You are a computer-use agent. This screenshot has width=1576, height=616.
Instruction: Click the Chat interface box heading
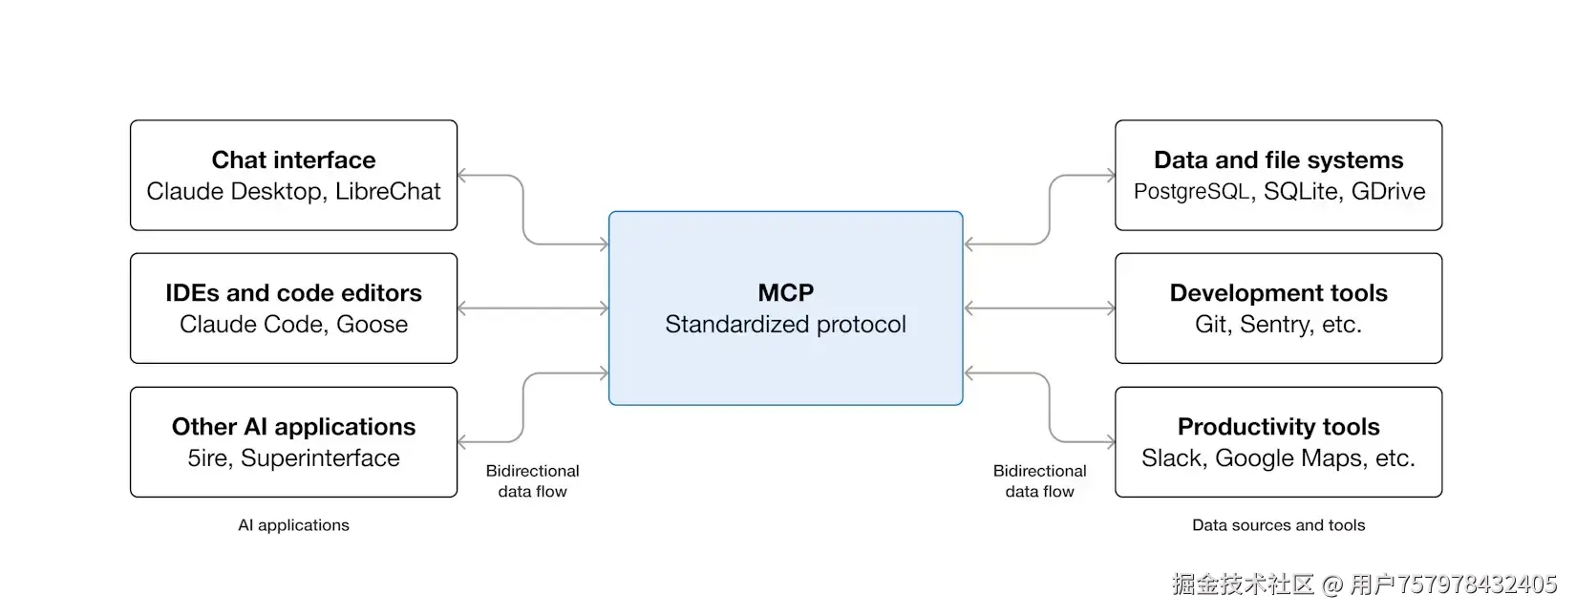click(x=293, y=159)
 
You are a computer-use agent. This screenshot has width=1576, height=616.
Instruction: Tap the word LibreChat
click(x=388, y=191)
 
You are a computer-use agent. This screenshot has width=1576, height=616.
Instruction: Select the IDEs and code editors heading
click(x=293, y=292)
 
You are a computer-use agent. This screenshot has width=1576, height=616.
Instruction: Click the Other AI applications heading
click(x=293, y=426)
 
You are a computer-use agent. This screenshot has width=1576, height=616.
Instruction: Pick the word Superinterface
click(x=320, y=458)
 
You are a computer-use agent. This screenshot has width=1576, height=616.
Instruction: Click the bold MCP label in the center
click(x=785, y=292)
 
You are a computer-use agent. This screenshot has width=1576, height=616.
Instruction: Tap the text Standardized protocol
click(x=785, y=325)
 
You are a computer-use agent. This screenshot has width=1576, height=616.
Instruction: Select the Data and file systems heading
click(x=1278, y=159)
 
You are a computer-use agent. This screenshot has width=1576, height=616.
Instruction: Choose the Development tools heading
click(x=1278, y=292)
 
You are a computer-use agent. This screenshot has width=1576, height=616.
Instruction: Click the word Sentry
click(x=1276, y=325)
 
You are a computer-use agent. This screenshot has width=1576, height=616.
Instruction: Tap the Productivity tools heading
click(x=1278, y=426)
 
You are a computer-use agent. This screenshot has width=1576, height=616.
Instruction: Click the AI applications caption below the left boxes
click(x=293, y=525)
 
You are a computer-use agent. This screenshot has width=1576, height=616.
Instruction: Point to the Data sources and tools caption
click(x=1278, y=525)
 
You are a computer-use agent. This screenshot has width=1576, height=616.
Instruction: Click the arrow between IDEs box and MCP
click(x=533, y=308)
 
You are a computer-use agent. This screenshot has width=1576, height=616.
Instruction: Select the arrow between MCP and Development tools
click(x=1039, y=308)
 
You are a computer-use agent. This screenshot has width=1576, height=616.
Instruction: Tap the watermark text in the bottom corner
click(x=1364, y=584)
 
